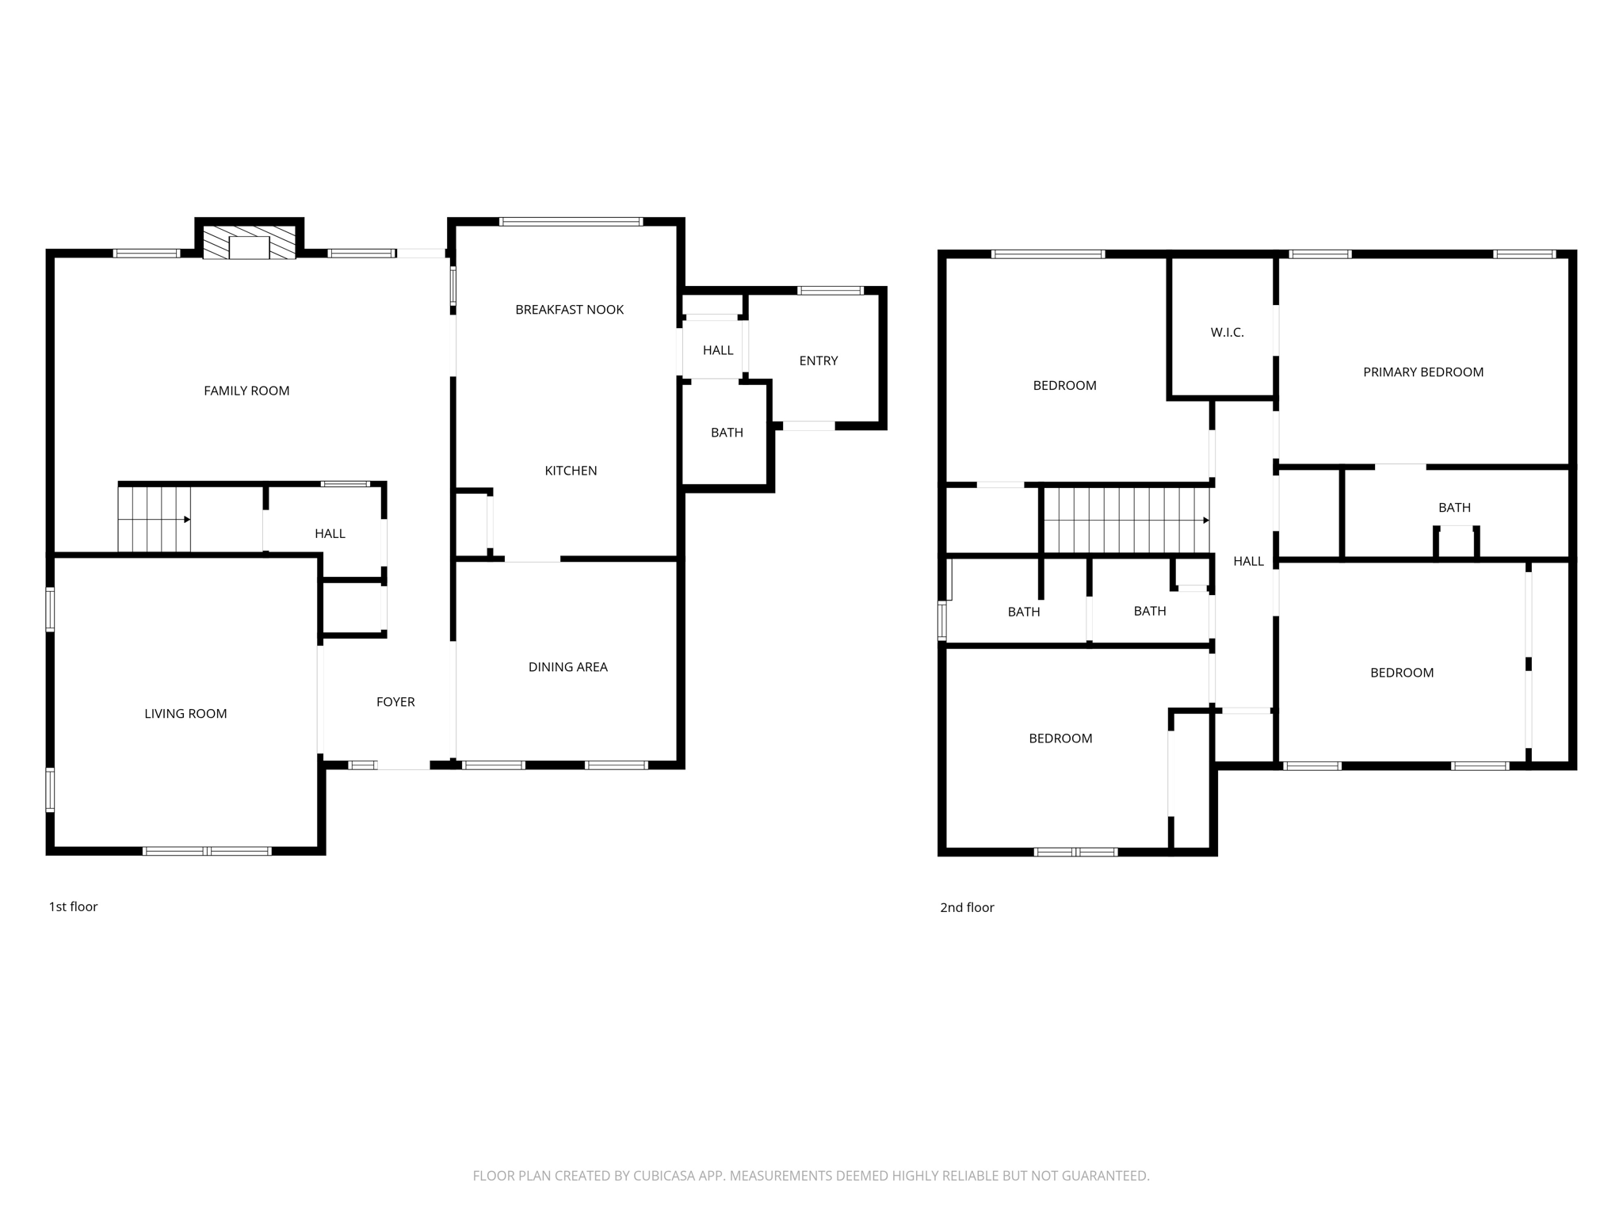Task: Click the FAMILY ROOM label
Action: pyautogui.click(x=246, y=391)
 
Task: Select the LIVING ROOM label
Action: pyautogui.click(x=185, y=714)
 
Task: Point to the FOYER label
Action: pyautogui.click(x=395, y=702)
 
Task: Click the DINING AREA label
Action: pyautogui.click(x=567, y=667)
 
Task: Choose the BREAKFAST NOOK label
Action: pyautogui.click(x=569, y=310)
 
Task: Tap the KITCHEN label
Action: pyautogui.click(x=571, y=471)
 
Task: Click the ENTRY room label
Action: pyautogui.click(x=818, y=361)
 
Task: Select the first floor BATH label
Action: pyautogui.click(x=727, y=433)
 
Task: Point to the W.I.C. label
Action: pyautogui.click(x=1227, y=333)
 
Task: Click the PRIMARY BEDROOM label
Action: pyautogui.click(x=1423, y=372)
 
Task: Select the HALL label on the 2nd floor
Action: pyautogui.click(x=1248, y=562)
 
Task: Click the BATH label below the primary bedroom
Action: pyautogui.click(x=1454, y=508)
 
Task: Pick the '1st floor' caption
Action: pyautogui.click(x=73, y=906)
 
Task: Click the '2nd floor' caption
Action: pyautogui.click(x=967, y=907)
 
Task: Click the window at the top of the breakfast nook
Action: pyautogui.click(x=571, y=222)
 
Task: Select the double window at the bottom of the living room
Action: pyautogui.click(x=207, y=851)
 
